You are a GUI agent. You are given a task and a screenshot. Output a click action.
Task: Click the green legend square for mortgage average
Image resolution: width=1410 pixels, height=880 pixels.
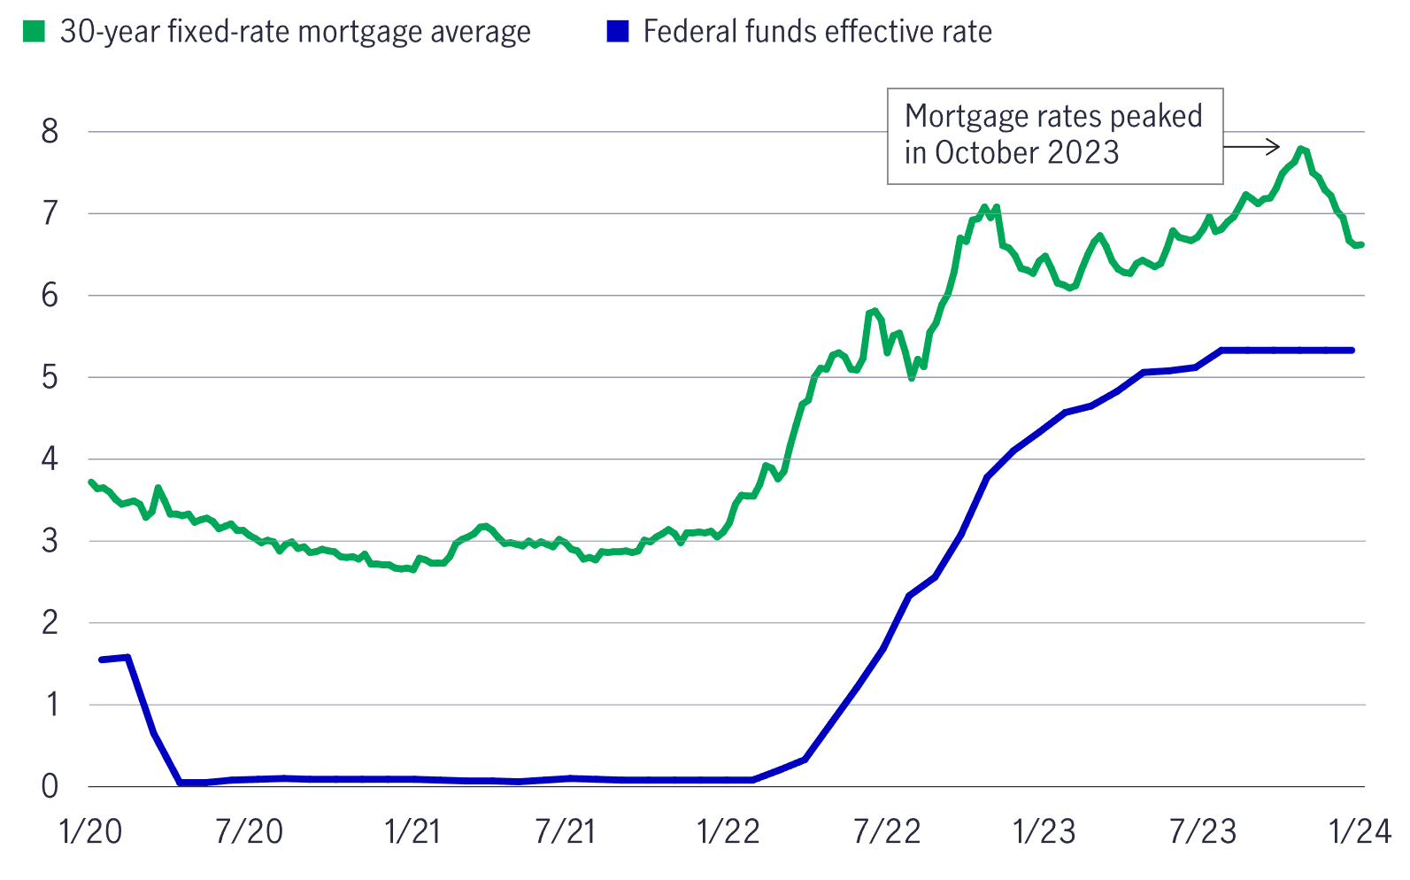pyautogui.click(x=33, y=32)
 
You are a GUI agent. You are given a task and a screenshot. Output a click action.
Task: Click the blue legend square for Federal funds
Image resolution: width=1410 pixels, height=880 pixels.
pyautogui.click(x=617, y=32)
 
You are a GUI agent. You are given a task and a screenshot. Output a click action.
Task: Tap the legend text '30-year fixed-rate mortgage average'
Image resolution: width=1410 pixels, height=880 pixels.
pyautogui.click(x=295, y=32)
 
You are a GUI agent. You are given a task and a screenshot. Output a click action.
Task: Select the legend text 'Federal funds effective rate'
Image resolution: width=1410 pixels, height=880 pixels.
pyautogui.click(x=817, y=32)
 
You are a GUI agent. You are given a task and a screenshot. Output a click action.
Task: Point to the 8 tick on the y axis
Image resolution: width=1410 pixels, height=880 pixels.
pyautogui.click(x=50, y=132)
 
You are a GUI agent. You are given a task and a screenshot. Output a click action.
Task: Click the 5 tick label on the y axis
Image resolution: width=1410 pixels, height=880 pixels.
pyautogui.click(x=50, y=377)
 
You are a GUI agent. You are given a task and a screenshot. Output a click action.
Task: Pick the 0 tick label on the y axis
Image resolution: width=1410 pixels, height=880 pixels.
pyautogui.click(x=50, y=786)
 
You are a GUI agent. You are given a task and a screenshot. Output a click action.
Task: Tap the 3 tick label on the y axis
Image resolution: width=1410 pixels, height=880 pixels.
pyautogui.click(x=50, y=541)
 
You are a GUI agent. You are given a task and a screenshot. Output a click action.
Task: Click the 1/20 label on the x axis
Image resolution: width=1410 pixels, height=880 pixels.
pyautogui.click(x=91, y=832)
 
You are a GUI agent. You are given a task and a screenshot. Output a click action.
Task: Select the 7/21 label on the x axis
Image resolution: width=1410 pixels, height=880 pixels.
pyautogui.click(x=566, y=832)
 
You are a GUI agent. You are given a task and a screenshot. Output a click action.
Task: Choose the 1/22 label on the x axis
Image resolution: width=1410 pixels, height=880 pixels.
pyautogui.click(x=728, y=832)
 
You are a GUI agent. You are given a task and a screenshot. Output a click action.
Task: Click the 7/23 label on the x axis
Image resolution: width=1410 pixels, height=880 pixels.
pyautogui.click(x=1203, y=832)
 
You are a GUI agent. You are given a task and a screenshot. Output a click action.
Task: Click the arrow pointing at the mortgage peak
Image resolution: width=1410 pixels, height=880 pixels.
pyautogui.click(x=1252, y=146)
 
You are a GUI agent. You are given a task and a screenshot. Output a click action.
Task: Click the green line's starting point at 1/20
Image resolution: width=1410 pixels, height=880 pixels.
pyautogui.click(x=91, y=482)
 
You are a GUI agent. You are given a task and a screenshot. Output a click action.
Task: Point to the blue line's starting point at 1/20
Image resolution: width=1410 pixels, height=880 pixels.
pyautogui.click(x=102, y=660)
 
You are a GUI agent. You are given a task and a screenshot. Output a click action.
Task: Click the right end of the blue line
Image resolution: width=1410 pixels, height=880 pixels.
pyautogui.click(x=1352, y=351)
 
